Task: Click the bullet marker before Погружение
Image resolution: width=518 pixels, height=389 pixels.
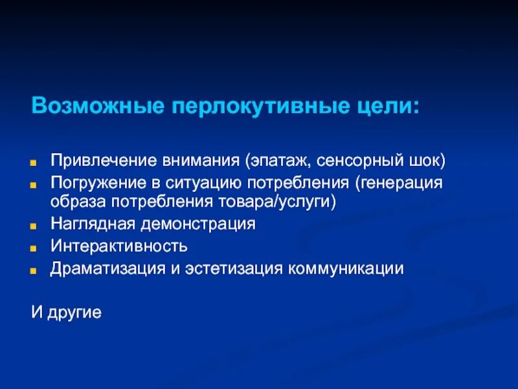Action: pos(38,183)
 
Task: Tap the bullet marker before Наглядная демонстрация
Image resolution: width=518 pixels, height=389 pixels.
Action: pos(38,226)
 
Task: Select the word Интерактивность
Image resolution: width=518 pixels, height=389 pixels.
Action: pos(119,246)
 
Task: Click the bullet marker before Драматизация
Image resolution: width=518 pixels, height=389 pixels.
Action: pos(38,270)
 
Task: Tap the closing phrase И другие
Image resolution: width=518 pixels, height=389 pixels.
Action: pos(67,312)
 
